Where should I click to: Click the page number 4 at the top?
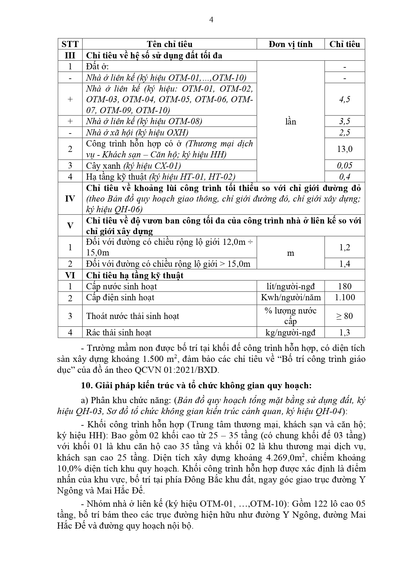pos(211,20)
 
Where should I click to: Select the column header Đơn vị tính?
pos(290,44)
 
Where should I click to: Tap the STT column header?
pos(70,44)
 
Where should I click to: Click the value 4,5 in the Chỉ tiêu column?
pos(345,99)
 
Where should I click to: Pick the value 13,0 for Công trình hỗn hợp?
pos(345,149)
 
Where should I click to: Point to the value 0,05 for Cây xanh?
pos(345,166)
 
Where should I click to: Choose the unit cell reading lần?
pos(290,122)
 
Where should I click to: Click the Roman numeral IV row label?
pos(70,199)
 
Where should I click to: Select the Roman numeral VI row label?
pos(70,275)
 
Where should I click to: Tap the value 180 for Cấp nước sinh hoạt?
pos(345,286)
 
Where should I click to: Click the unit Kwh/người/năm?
pos(290,297)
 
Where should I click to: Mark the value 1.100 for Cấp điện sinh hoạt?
pos(345,297)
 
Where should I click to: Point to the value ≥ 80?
pos(345,316)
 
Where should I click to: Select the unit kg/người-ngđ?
pos(290,333)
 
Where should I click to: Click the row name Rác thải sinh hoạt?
pos(119,333)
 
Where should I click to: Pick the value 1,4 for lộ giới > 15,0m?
pos(345,264)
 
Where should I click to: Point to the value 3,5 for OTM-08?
pos(345,122)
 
